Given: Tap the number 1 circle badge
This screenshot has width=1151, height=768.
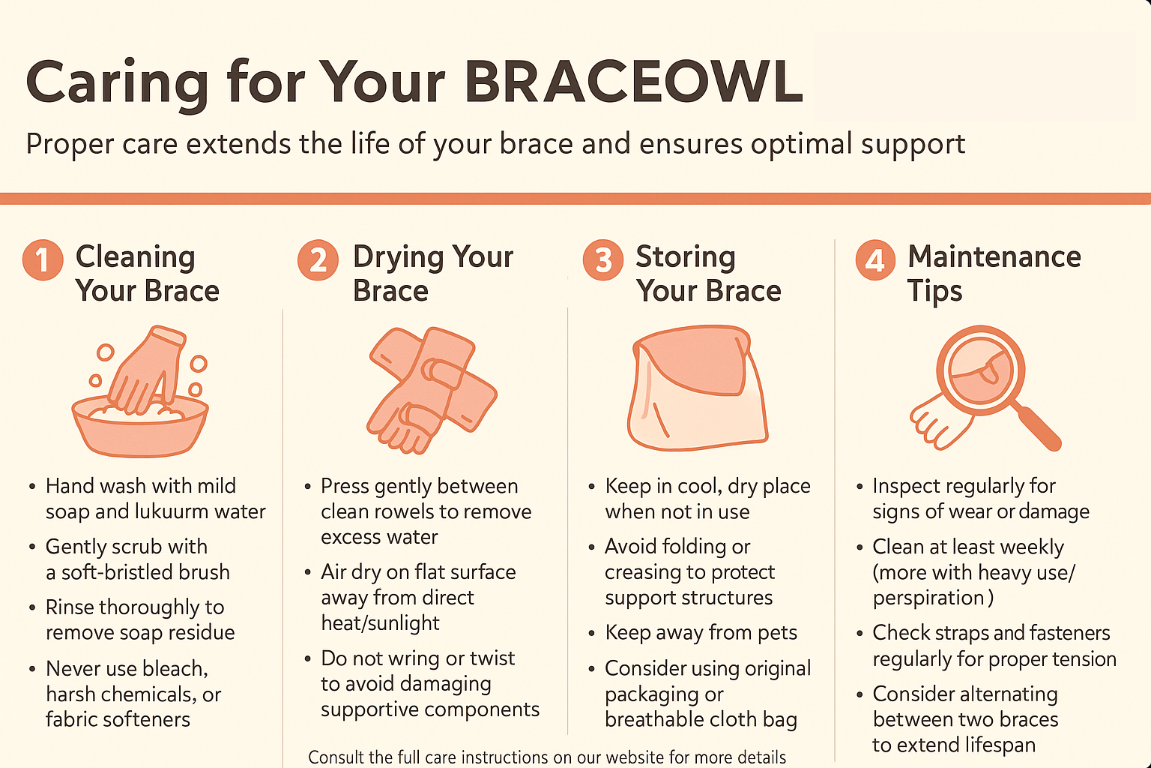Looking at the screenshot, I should pyautogui.click(x=43, y=259).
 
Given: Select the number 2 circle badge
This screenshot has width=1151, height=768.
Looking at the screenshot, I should pyautogui.click(x=318, y=260).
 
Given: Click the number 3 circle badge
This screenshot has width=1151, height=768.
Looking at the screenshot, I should pyautogui.click(x=602, y=259).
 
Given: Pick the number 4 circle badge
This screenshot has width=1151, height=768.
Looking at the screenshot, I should pyautogui.click(x=875, y=260).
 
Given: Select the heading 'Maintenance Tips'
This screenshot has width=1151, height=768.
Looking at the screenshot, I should pyautogui.click(x=994, y=273).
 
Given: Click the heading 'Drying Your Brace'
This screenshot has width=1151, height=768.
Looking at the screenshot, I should pyautogui.click(x=432, y=273).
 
